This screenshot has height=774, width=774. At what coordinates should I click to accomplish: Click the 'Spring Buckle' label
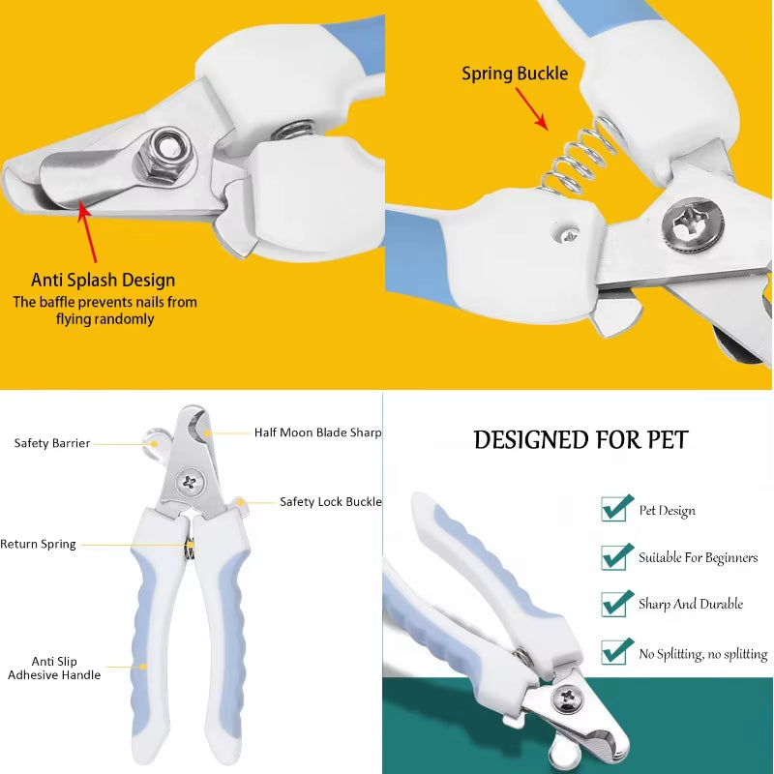click(515, 74)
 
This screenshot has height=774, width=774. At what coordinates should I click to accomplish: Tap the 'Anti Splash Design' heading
click(104, 280)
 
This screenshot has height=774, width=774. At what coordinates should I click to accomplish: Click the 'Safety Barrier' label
click(52, 443)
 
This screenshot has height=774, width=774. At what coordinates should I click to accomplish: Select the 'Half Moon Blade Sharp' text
click(317, 432)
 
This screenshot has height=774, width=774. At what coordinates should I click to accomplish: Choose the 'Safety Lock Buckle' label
click(331, 501)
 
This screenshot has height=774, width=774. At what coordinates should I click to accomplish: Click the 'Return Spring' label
click(38, 545)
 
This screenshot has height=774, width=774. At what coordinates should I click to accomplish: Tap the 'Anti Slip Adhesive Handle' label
click(54, 668)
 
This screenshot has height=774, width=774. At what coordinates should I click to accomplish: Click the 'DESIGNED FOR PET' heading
click(580, 440)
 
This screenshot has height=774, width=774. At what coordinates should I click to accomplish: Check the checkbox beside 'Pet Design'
click(616, 508)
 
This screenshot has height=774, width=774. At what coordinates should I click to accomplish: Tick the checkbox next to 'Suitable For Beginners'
click(616, 556)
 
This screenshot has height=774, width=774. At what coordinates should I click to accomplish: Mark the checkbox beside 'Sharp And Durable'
click(616, 603)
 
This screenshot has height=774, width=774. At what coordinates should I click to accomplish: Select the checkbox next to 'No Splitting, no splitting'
click(616, 650)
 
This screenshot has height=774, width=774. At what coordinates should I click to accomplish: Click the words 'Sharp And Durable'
click(691, 604)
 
